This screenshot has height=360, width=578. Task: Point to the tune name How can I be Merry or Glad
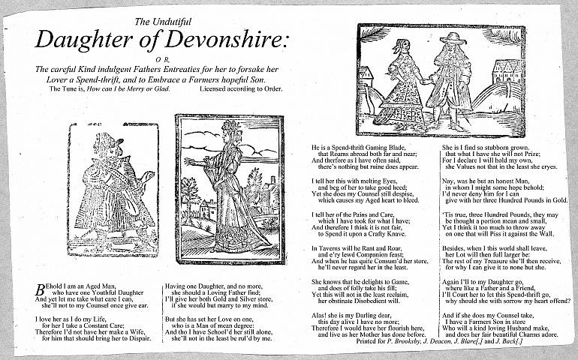[x=128, y=88]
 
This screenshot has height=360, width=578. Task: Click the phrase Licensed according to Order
[x=241, y=88]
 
